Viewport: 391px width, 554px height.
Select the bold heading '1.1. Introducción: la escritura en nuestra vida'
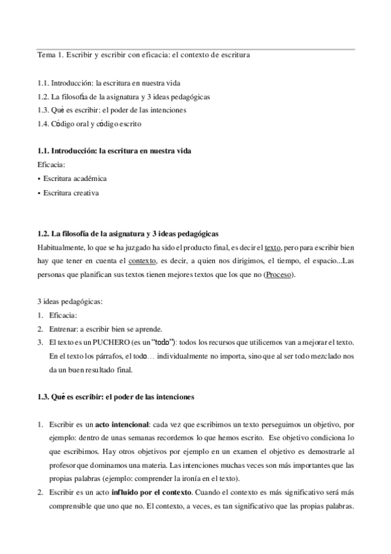click(x=114, y=151)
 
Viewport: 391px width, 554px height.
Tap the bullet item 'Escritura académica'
click(x=74, y=178)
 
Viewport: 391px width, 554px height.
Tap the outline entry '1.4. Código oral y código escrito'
click(x=89, y=123)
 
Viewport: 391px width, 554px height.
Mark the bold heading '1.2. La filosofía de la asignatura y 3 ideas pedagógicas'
click(x=128, y=233)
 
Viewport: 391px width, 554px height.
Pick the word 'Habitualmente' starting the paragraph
click(x=62, y=247)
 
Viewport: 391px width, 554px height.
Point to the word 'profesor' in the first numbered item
click(x=65, y=466)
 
